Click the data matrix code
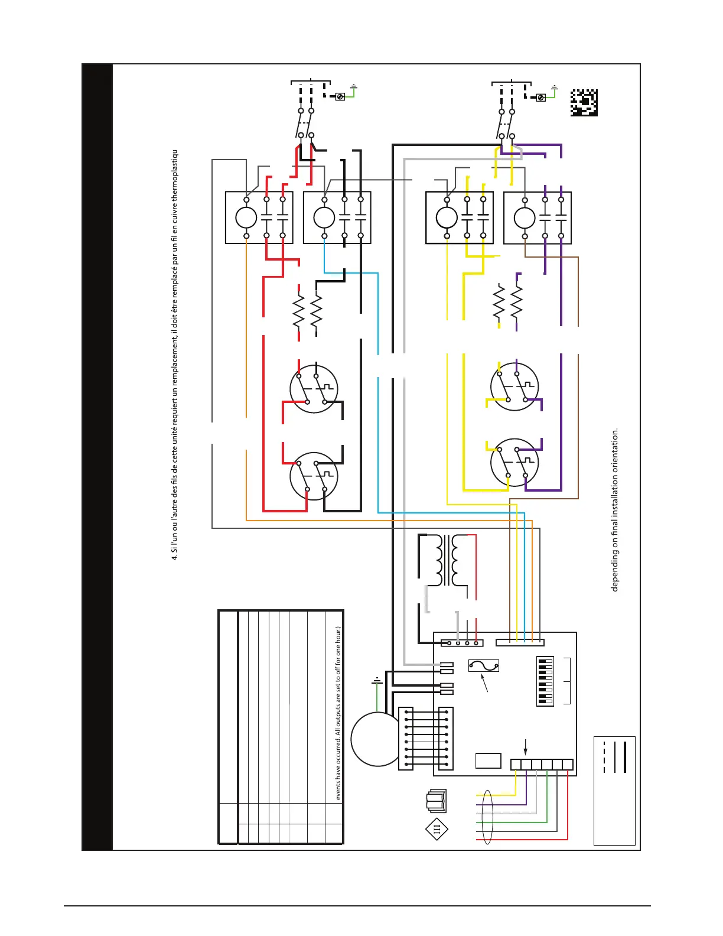pos(584,103)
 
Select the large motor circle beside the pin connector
pos(376,739)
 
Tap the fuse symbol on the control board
pos(483,666)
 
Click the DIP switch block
pos(545,681)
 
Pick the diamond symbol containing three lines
pos(437,829)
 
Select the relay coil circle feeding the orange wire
pos(246,218)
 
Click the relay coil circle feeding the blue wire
pos(324,218)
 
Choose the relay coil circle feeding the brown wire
pos(525,218)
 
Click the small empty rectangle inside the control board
pos(488,760)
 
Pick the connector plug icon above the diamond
pos(437,801)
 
